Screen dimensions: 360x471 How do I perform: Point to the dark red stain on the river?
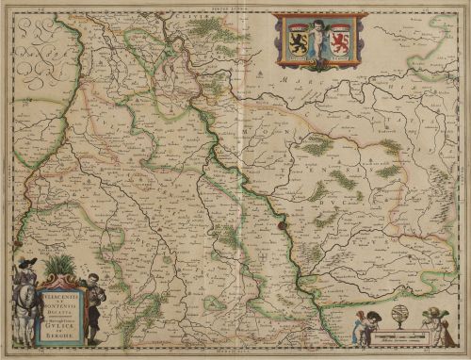pos(280,223)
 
